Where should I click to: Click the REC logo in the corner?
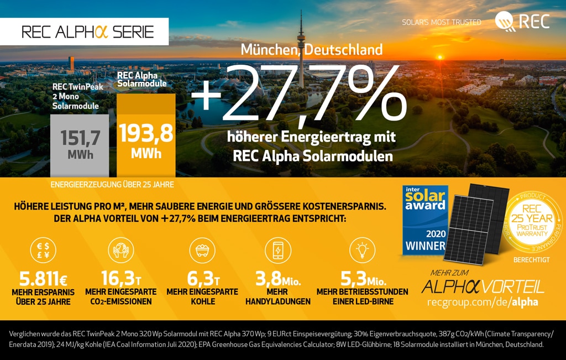[x=522, y=21]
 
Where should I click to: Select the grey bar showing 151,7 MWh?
[x=80, y=145]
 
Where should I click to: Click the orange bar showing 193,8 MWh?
[x=146, y=135]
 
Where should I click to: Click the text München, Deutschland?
[x=312, y=50]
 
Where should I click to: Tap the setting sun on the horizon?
[x=441, y=57]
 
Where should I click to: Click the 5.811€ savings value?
[x=43, y=278]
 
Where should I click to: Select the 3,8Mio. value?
[x=277, y=278]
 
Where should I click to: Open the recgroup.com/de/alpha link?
[x=482, y=302]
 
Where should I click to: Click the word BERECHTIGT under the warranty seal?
[x=532, y=259]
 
